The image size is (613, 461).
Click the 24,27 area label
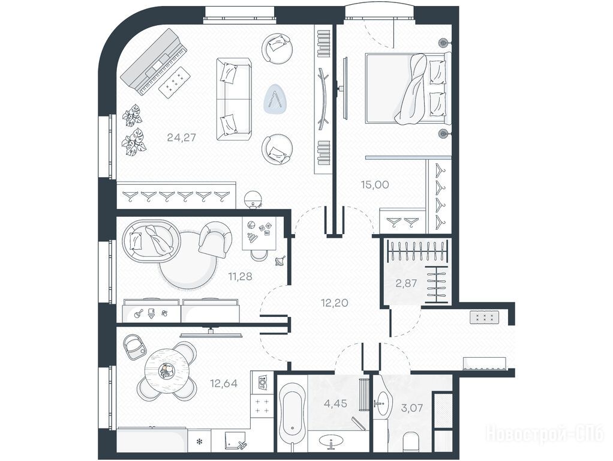tap(181, 137)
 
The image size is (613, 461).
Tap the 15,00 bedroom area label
tap(375, 184)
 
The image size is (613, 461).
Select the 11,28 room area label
tap(240, 277)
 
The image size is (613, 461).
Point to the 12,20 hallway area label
tap(335, 303)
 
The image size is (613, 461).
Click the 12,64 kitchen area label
tap(224, 383)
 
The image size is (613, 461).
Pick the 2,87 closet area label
tap(406, 283)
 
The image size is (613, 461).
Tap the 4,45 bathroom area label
tap(336, 403)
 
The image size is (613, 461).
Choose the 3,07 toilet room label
tap(411, 408)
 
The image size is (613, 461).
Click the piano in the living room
tap(155, 62)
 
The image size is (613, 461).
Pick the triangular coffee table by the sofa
tap(277, 98)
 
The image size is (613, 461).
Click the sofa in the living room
tap(234, 100)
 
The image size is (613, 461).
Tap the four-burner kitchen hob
tap(261, 406)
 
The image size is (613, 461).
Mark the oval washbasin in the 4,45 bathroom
tap(332, 440)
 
